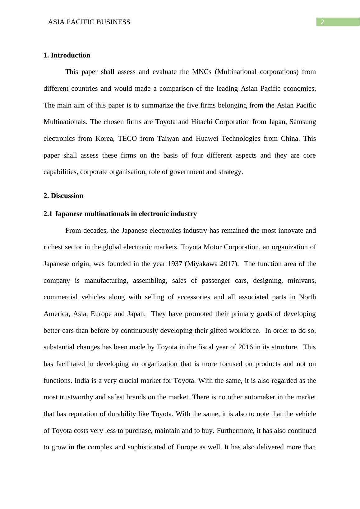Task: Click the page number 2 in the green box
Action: tap(322, 22)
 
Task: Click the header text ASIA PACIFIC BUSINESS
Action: tap(89, 22)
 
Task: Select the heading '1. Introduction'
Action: tap(67, 55)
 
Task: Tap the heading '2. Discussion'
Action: tap(63, 196)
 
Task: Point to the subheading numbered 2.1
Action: tap(120, 214)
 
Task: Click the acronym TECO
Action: tap(127, 139)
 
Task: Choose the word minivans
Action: tap(302, 281)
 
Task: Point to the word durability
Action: tap(134, 414)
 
